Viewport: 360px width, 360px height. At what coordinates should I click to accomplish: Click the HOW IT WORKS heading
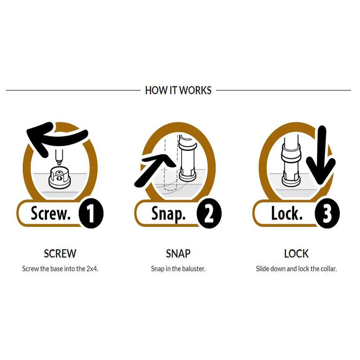[178, 90]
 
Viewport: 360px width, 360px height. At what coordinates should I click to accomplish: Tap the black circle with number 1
[91, 213]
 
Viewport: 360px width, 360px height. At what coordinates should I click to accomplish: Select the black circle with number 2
[209, 213]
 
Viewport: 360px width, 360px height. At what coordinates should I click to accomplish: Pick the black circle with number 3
[327, 213]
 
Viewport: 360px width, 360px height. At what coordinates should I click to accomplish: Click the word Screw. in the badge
[51, 213]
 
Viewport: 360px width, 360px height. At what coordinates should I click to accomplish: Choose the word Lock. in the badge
[287, 213]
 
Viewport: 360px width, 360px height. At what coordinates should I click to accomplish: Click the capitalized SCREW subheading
[60, 253]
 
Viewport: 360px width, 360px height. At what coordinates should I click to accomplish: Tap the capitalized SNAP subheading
[178, 253]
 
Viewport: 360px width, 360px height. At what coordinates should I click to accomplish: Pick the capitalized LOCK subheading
[296, 253]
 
